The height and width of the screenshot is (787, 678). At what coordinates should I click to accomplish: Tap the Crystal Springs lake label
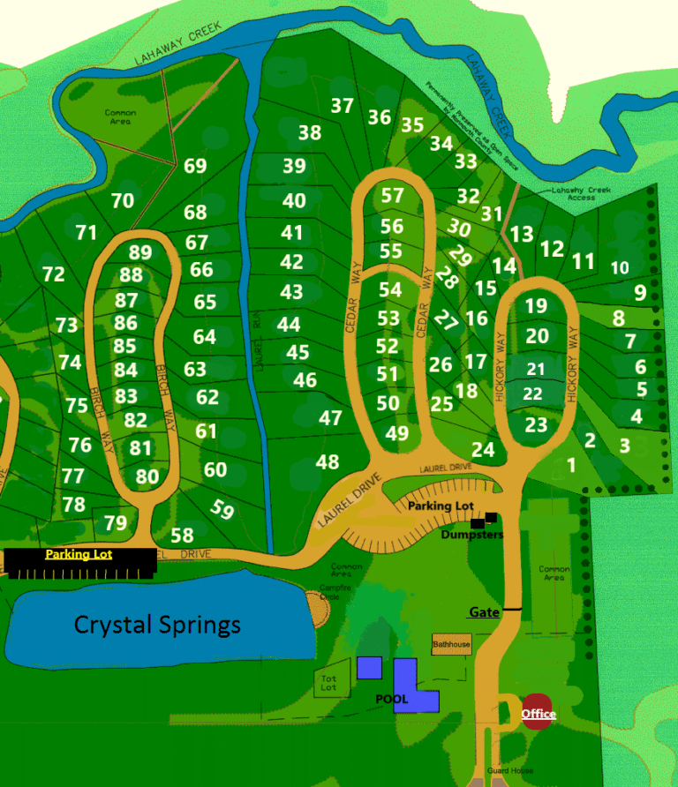pos(157,625)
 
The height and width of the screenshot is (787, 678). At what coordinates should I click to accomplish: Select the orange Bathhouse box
pos(451,644)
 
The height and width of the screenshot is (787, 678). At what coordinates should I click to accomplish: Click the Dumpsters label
pos(472,535)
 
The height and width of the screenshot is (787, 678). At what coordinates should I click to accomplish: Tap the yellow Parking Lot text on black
pos(79,554)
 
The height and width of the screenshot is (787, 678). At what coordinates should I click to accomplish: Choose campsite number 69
pos(195,166)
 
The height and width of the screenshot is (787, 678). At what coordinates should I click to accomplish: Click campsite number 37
pos(342,106)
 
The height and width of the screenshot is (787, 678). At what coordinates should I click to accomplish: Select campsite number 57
pos(392,195)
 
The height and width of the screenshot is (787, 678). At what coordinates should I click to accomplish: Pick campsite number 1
pos(570,464)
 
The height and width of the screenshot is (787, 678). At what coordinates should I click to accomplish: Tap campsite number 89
pos(140,253)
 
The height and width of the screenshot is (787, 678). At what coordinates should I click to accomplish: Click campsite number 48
pos(327,461)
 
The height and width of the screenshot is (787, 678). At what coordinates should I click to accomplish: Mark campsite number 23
pos(536,424)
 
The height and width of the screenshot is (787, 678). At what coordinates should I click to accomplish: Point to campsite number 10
pos(620,267)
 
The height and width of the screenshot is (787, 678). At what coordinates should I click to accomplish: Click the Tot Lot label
pos(328,681)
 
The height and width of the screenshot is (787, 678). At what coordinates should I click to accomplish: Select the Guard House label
pos(510,770)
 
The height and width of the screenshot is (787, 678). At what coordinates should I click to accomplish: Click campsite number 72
pos(54,274)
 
